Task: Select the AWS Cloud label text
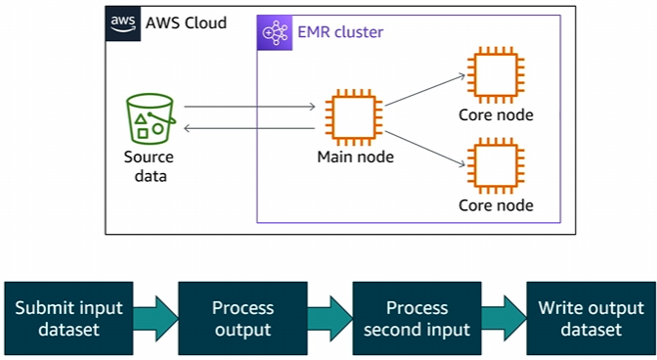(x=185, y=22)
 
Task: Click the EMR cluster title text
(x=339, y=32)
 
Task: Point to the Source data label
(x=149, y=166)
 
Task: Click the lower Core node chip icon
(x=496, y=166)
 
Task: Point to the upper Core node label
(x=496, y=115)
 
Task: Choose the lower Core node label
(x=496, y=205)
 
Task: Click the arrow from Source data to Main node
(x=249, y=106)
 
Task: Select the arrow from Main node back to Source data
(x=249, y=127)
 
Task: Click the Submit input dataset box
(x=69, y=318)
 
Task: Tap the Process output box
(x=242, y=318)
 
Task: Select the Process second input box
(x=416, y=318)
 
